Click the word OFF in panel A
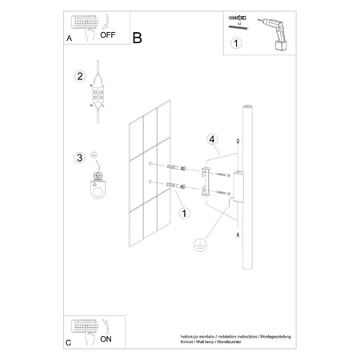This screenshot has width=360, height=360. coord(108,36)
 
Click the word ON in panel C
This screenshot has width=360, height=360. coord(106,339)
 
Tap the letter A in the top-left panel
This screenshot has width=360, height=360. coord(69,38)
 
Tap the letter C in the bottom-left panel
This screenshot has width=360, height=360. coord(69,342)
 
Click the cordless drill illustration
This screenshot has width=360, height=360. coord(274,32)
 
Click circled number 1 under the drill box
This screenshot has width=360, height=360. coord(234,44)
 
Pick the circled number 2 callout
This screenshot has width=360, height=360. coord(79,77)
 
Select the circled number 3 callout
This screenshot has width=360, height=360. coord(79,157)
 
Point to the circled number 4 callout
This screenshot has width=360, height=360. coord(210,142)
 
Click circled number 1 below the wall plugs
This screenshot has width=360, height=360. coord(185,214)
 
